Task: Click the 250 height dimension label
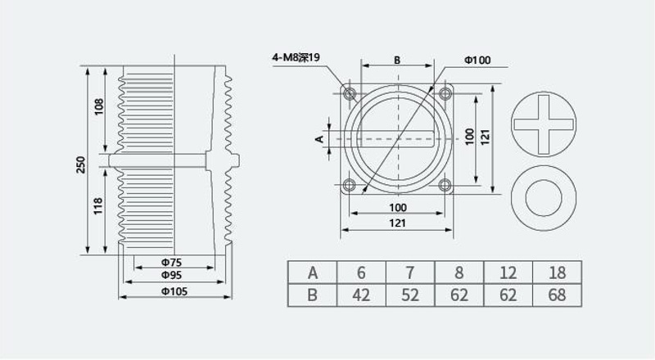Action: [x=81, y=164]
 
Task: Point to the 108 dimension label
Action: [x=99, y=107]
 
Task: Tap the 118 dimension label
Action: [x=98, y=206]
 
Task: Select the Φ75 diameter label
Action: [x=172, y=263]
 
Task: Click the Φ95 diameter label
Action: [x=172, y=275]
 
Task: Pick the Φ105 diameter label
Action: [x=174, y=291]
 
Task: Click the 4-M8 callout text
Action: [x=296, y=57]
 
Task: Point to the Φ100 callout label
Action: [x=477, y=61]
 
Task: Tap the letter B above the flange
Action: [x=397, y=61]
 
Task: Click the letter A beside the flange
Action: [x=319, y=138]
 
